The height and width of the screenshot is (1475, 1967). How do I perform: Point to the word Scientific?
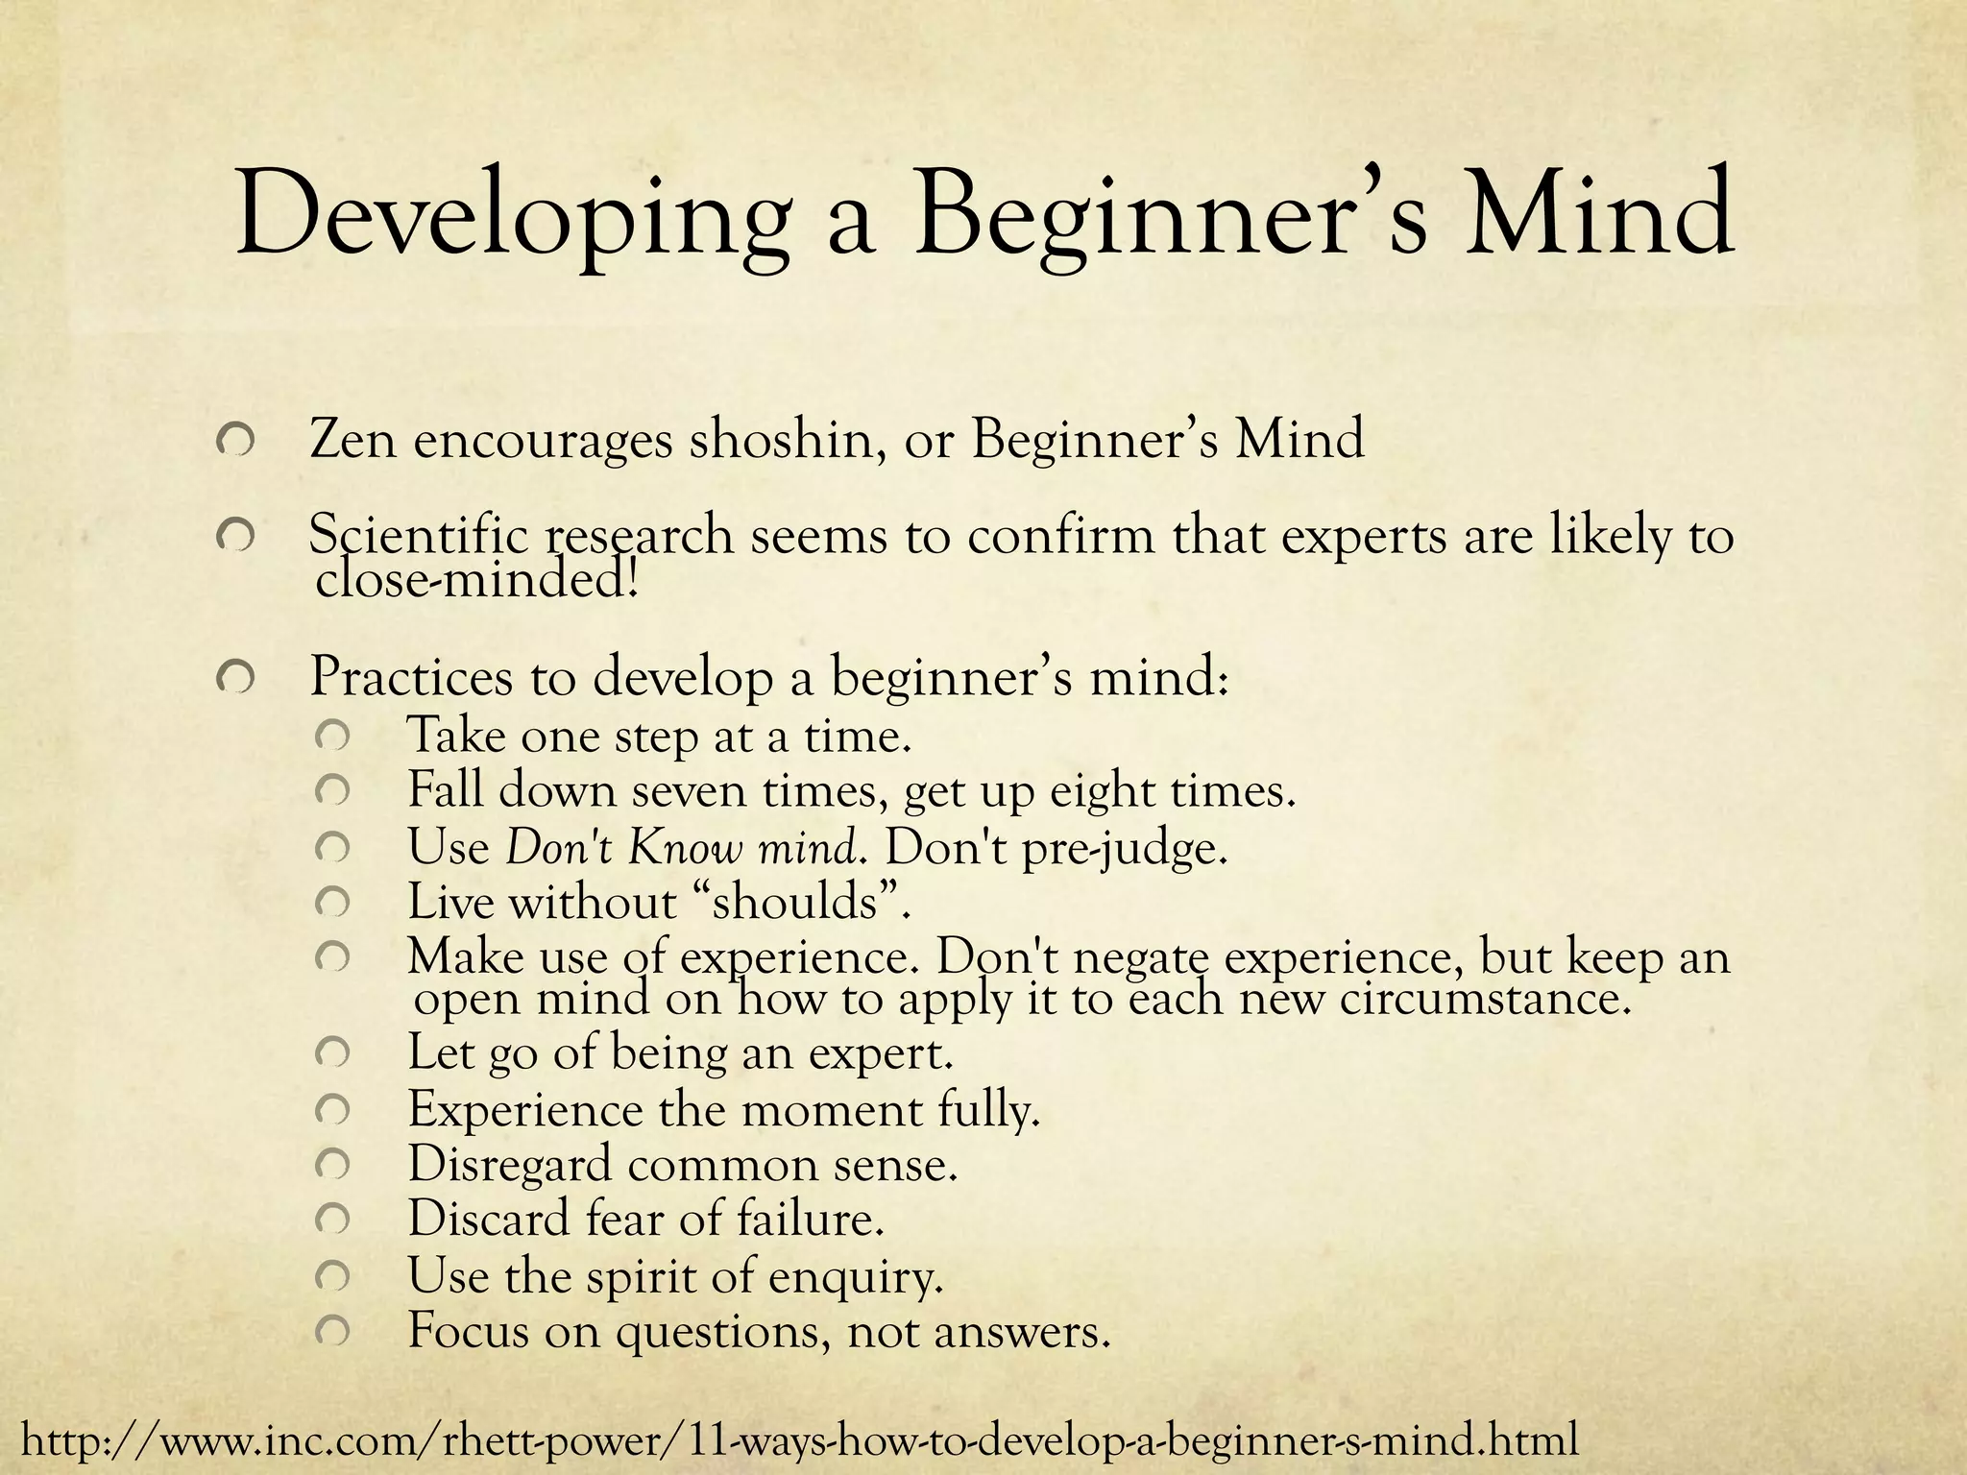click(419, 535)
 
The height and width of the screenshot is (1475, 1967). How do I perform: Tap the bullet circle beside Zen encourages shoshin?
click(235, 443)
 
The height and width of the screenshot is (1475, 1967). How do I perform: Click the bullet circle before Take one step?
click(331, 737)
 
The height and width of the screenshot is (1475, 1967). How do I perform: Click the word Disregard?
click(509, 1165)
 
